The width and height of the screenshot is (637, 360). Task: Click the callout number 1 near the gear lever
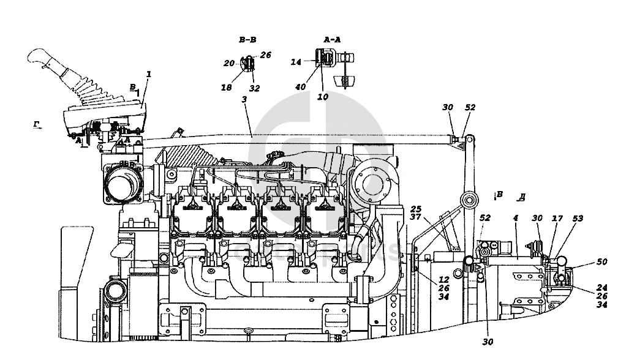pyautogui.click(x=148, y=73)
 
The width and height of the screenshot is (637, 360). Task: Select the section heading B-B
pyautogui.click(x=247, y=40)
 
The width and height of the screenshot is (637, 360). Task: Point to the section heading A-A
pyautogui.click(x=331, y=40)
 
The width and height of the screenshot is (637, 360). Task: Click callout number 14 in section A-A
pyautogui.click(x=296, y=62)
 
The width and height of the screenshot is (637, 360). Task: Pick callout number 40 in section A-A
pyautogui.click(x=300, y=87)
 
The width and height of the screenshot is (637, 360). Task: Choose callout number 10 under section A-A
pyautogui.click(x=323, y=96)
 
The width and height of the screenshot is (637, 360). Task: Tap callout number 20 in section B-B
pyautogui.click(x=228, y=63)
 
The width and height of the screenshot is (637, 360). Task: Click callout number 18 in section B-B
pyautogui.click(x=227, y=88)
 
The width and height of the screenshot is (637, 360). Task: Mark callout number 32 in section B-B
pyautogui.click(x=254, y=88)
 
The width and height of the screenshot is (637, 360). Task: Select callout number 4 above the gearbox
pyautogui.click(x=516, y=218)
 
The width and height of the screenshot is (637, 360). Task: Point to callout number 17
pyautogui.click(x=557, y=218)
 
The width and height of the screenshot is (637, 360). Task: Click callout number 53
pyautogui.click(x=578, y=218)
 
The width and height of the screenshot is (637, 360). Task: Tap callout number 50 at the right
pyautogui.click(x=602, y=261)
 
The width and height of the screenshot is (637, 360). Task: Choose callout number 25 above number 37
pyautogui.click(x=417, y=208)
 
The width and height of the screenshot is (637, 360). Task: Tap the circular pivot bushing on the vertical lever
pyautogui.click(x=469, y=200)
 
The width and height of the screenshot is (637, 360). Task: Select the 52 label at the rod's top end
pyautogui.click(x=470, y=107)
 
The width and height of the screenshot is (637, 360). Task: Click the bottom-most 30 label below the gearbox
pyautogui.click(x=488, y=342)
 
